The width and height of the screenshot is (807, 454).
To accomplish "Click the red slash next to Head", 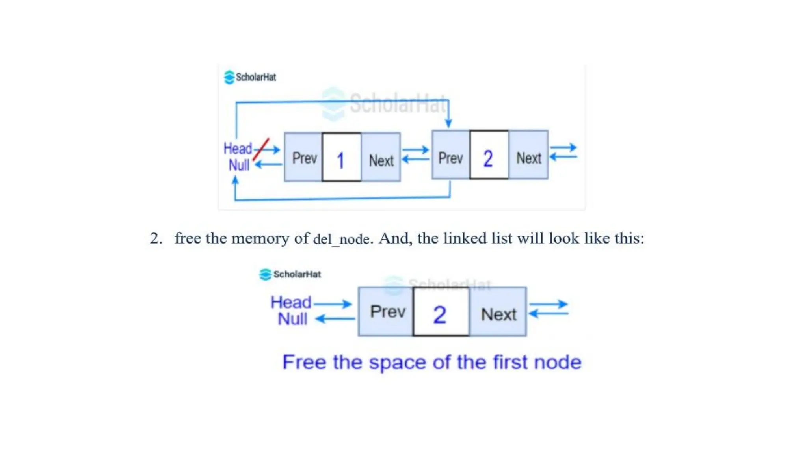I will click(260, 149).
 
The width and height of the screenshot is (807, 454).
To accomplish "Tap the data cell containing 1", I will click(341, 158).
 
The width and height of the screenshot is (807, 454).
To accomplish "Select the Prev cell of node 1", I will click(303, 158).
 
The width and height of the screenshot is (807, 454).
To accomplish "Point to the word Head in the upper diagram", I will click(238, 149).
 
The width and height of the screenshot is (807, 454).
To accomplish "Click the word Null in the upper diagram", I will click(239, 165).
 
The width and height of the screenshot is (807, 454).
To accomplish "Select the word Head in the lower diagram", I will click(291, 303).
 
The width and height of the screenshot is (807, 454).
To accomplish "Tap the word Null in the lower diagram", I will click(292, 319).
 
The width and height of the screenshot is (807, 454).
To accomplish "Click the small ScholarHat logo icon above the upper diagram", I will click(229, 77).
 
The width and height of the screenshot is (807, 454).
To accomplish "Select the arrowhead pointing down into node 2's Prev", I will click(448, 123).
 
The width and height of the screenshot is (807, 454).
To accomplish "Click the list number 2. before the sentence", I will click(156, 238).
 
